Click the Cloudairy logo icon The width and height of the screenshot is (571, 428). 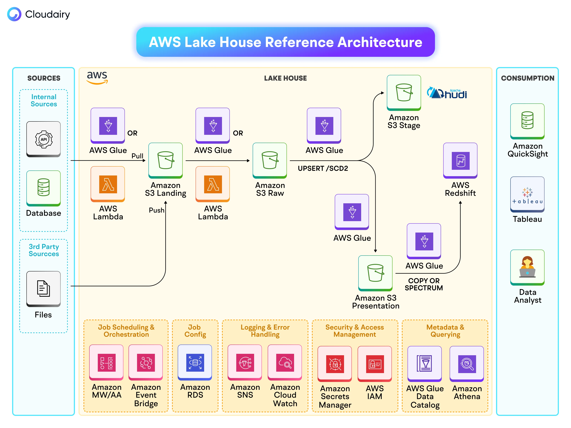click(14, 14)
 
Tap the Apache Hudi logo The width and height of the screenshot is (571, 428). click(447, 93)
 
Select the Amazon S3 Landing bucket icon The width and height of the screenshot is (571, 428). click(165, 160)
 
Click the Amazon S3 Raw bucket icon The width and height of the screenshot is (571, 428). click(270, 160)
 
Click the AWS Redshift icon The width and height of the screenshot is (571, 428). click(460, 160)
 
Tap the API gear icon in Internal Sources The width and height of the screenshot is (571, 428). click(44, 139)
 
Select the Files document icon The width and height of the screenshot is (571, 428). click(44, 288)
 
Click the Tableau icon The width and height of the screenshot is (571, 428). click(527, 194)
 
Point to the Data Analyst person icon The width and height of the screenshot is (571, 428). click(527, 267)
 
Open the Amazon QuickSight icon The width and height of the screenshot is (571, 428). click(527, 121)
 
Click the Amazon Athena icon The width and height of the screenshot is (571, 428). click(467, 364)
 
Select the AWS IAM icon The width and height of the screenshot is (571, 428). click(375, 364)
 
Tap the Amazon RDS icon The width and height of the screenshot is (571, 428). click(195, 363)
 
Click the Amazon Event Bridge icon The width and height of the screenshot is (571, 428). click(146, 363)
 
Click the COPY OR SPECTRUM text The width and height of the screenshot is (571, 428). click(424, 284)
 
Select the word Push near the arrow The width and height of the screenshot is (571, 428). click(156, 210)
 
